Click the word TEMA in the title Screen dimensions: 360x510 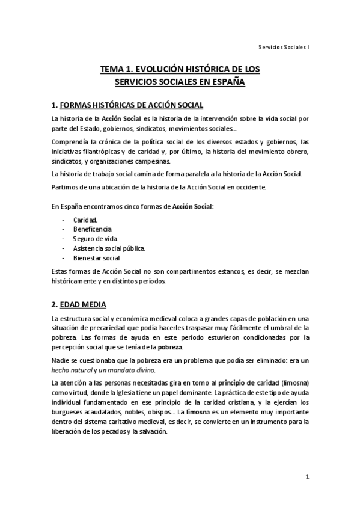112,70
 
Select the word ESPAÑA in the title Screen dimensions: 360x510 228,81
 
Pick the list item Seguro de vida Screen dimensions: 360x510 92,239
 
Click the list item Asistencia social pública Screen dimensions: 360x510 108,248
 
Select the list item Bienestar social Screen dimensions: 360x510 96,258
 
